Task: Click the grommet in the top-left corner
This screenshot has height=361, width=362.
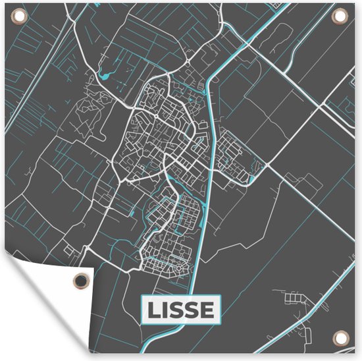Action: point(17,17)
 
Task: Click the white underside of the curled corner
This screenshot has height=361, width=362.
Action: point(39,310)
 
